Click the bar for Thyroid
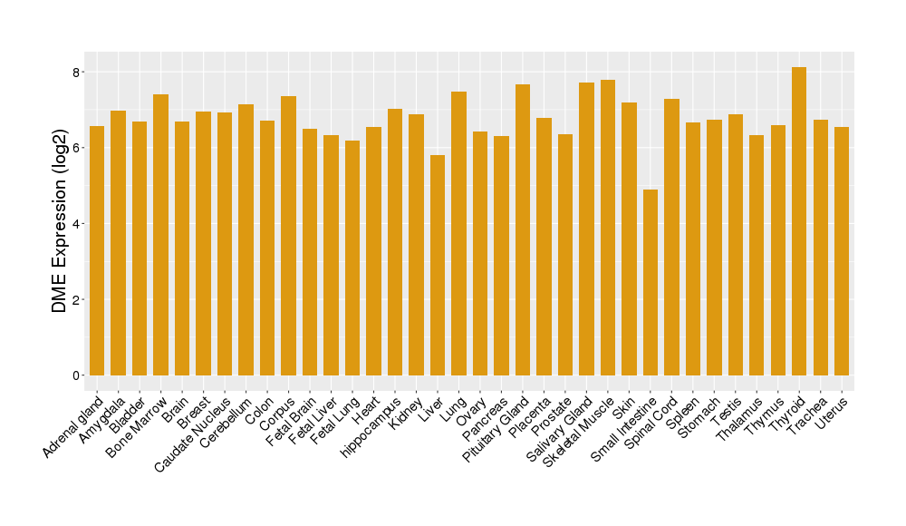(799, 221)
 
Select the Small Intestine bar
(651, 282)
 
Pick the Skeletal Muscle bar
(608, 228)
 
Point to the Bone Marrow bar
(160, 235)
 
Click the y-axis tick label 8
(78, 72)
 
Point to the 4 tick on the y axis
(78, 224)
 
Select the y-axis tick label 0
(78, 375)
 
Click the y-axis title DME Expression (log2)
(60, 222)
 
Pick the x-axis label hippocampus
(372, 426)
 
